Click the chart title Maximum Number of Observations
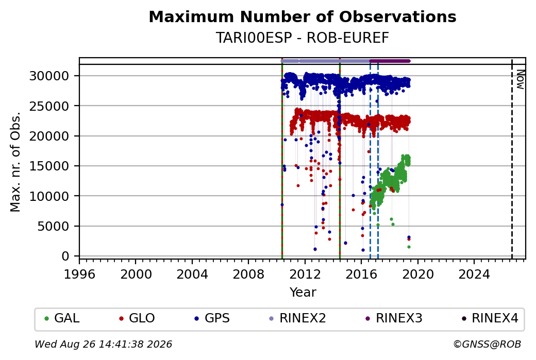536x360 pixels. (303, 16)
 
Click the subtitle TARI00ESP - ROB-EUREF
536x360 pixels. (303, 38)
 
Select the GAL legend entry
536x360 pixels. (62, 318)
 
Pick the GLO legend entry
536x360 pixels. (137, 318)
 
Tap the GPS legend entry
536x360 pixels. (212, 318)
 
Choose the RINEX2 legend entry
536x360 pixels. (297, 318)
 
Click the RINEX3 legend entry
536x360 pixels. (394, 318)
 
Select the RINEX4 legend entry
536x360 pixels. (490, 318)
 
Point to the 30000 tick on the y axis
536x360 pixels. (49, 76)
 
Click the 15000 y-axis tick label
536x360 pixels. (49, 166)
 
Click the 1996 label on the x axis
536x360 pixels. (79, 275)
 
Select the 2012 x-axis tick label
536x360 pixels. (305, 275)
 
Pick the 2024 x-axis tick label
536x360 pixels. (474, 275)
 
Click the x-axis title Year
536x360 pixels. (303, 293)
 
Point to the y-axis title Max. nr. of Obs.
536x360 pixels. (15, 162)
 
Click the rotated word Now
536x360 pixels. (520, 79)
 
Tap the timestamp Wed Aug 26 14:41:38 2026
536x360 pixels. (103, 344)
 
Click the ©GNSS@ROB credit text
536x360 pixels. (487, 344)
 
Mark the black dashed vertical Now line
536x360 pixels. (512, 159)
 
